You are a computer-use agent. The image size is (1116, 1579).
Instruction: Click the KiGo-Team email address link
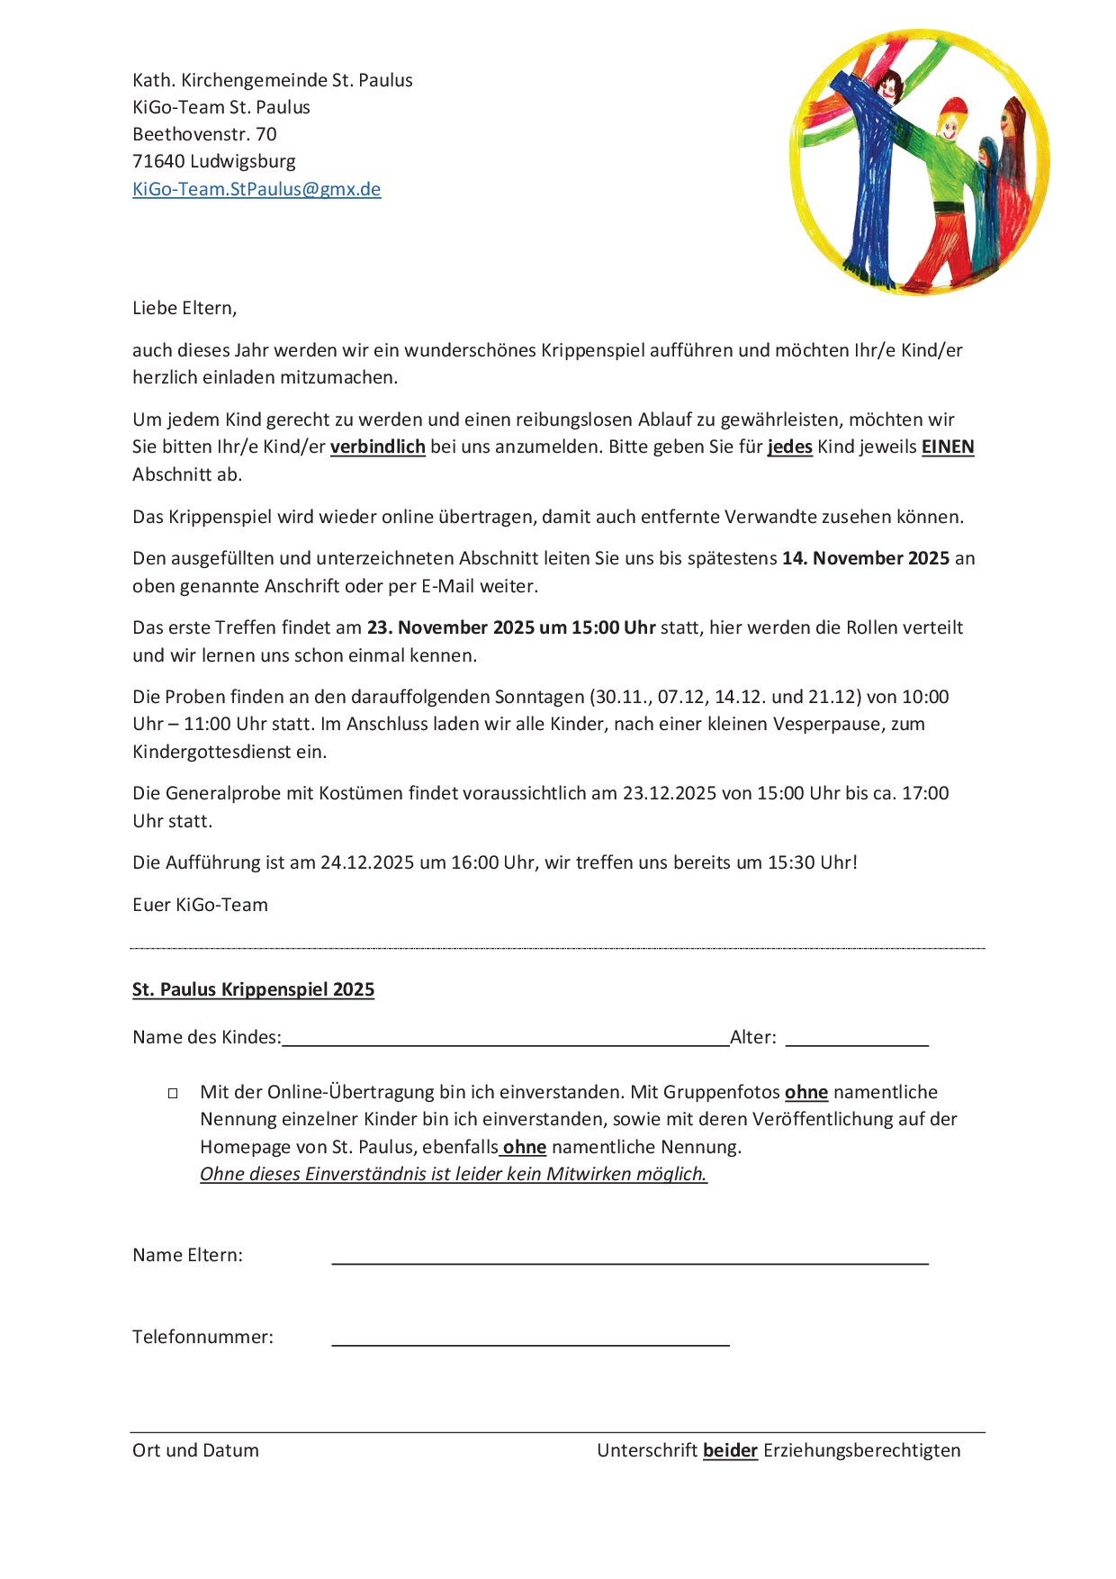(256, 189)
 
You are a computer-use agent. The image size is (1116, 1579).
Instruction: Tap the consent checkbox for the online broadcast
(173, 1093)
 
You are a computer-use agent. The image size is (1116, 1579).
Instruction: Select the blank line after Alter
(856, 1040)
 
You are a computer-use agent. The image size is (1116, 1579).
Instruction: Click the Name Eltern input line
(630, 1258)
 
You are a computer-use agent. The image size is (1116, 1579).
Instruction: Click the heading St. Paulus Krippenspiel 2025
(253, 989)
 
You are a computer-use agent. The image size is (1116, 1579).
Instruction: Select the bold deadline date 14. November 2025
(866, 558)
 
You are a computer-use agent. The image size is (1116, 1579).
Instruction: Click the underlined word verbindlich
(377, 447)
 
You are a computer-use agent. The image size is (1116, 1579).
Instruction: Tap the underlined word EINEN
(948, 447)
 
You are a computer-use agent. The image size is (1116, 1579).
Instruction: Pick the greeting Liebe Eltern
(184, 308)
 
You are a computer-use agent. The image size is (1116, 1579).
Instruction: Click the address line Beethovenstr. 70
(204, 134)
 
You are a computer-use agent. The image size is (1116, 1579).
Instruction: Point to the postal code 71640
(158, 161)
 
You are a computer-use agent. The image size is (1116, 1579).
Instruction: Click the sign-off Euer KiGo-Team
(200, 905)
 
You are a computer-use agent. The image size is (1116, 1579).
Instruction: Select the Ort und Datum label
(195, 1450)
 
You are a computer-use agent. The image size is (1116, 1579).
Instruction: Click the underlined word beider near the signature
(730, 1450)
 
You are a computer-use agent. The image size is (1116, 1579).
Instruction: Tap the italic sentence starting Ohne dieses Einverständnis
(454, 1174)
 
